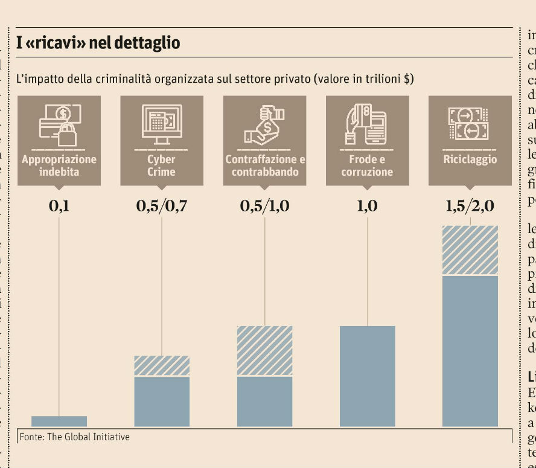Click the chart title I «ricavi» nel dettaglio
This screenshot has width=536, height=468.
point(98,43)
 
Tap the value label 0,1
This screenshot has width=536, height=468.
point(59,206)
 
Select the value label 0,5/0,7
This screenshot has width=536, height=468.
point(162,206)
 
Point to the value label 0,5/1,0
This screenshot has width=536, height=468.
point(264,206)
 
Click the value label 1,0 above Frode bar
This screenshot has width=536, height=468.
point(367,206)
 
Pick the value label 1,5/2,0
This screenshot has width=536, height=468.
point(470,206)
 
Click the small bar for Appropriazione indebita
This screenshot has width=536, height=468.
point(59,421)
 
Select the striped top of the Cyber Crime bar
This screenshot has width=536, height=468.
point(162,366)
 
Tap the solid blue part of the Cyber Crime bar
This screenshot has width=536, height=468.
point(162,401)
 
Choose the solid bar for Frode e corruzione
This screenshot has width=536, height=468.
point(367,376)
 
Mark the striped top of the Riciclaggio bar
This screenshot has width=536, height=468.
point(470,250)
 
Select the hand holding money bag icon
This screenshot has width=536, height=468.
point(264,124)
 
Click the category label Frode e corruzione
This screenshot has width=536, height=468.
point(367,165)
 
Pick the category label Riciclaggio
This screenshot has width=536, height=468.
point(470,159)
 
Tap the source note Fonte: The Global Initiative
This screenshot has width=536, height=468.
point(75,436)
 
